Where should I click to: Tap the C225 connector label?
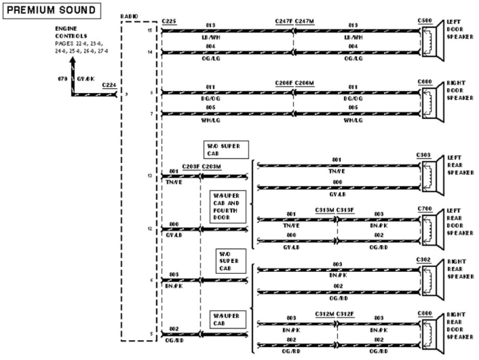(169, 22)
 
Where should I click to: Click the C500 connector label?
(424, 22)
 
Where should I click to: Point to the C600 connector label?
(424, 82)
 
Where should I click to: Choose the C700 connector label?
(424, 209)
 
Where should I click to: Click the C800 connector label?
(424, 313)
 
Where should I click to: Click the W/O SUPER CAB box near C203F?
(226, 150)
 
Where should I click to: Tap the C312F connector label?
(345, 313)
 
